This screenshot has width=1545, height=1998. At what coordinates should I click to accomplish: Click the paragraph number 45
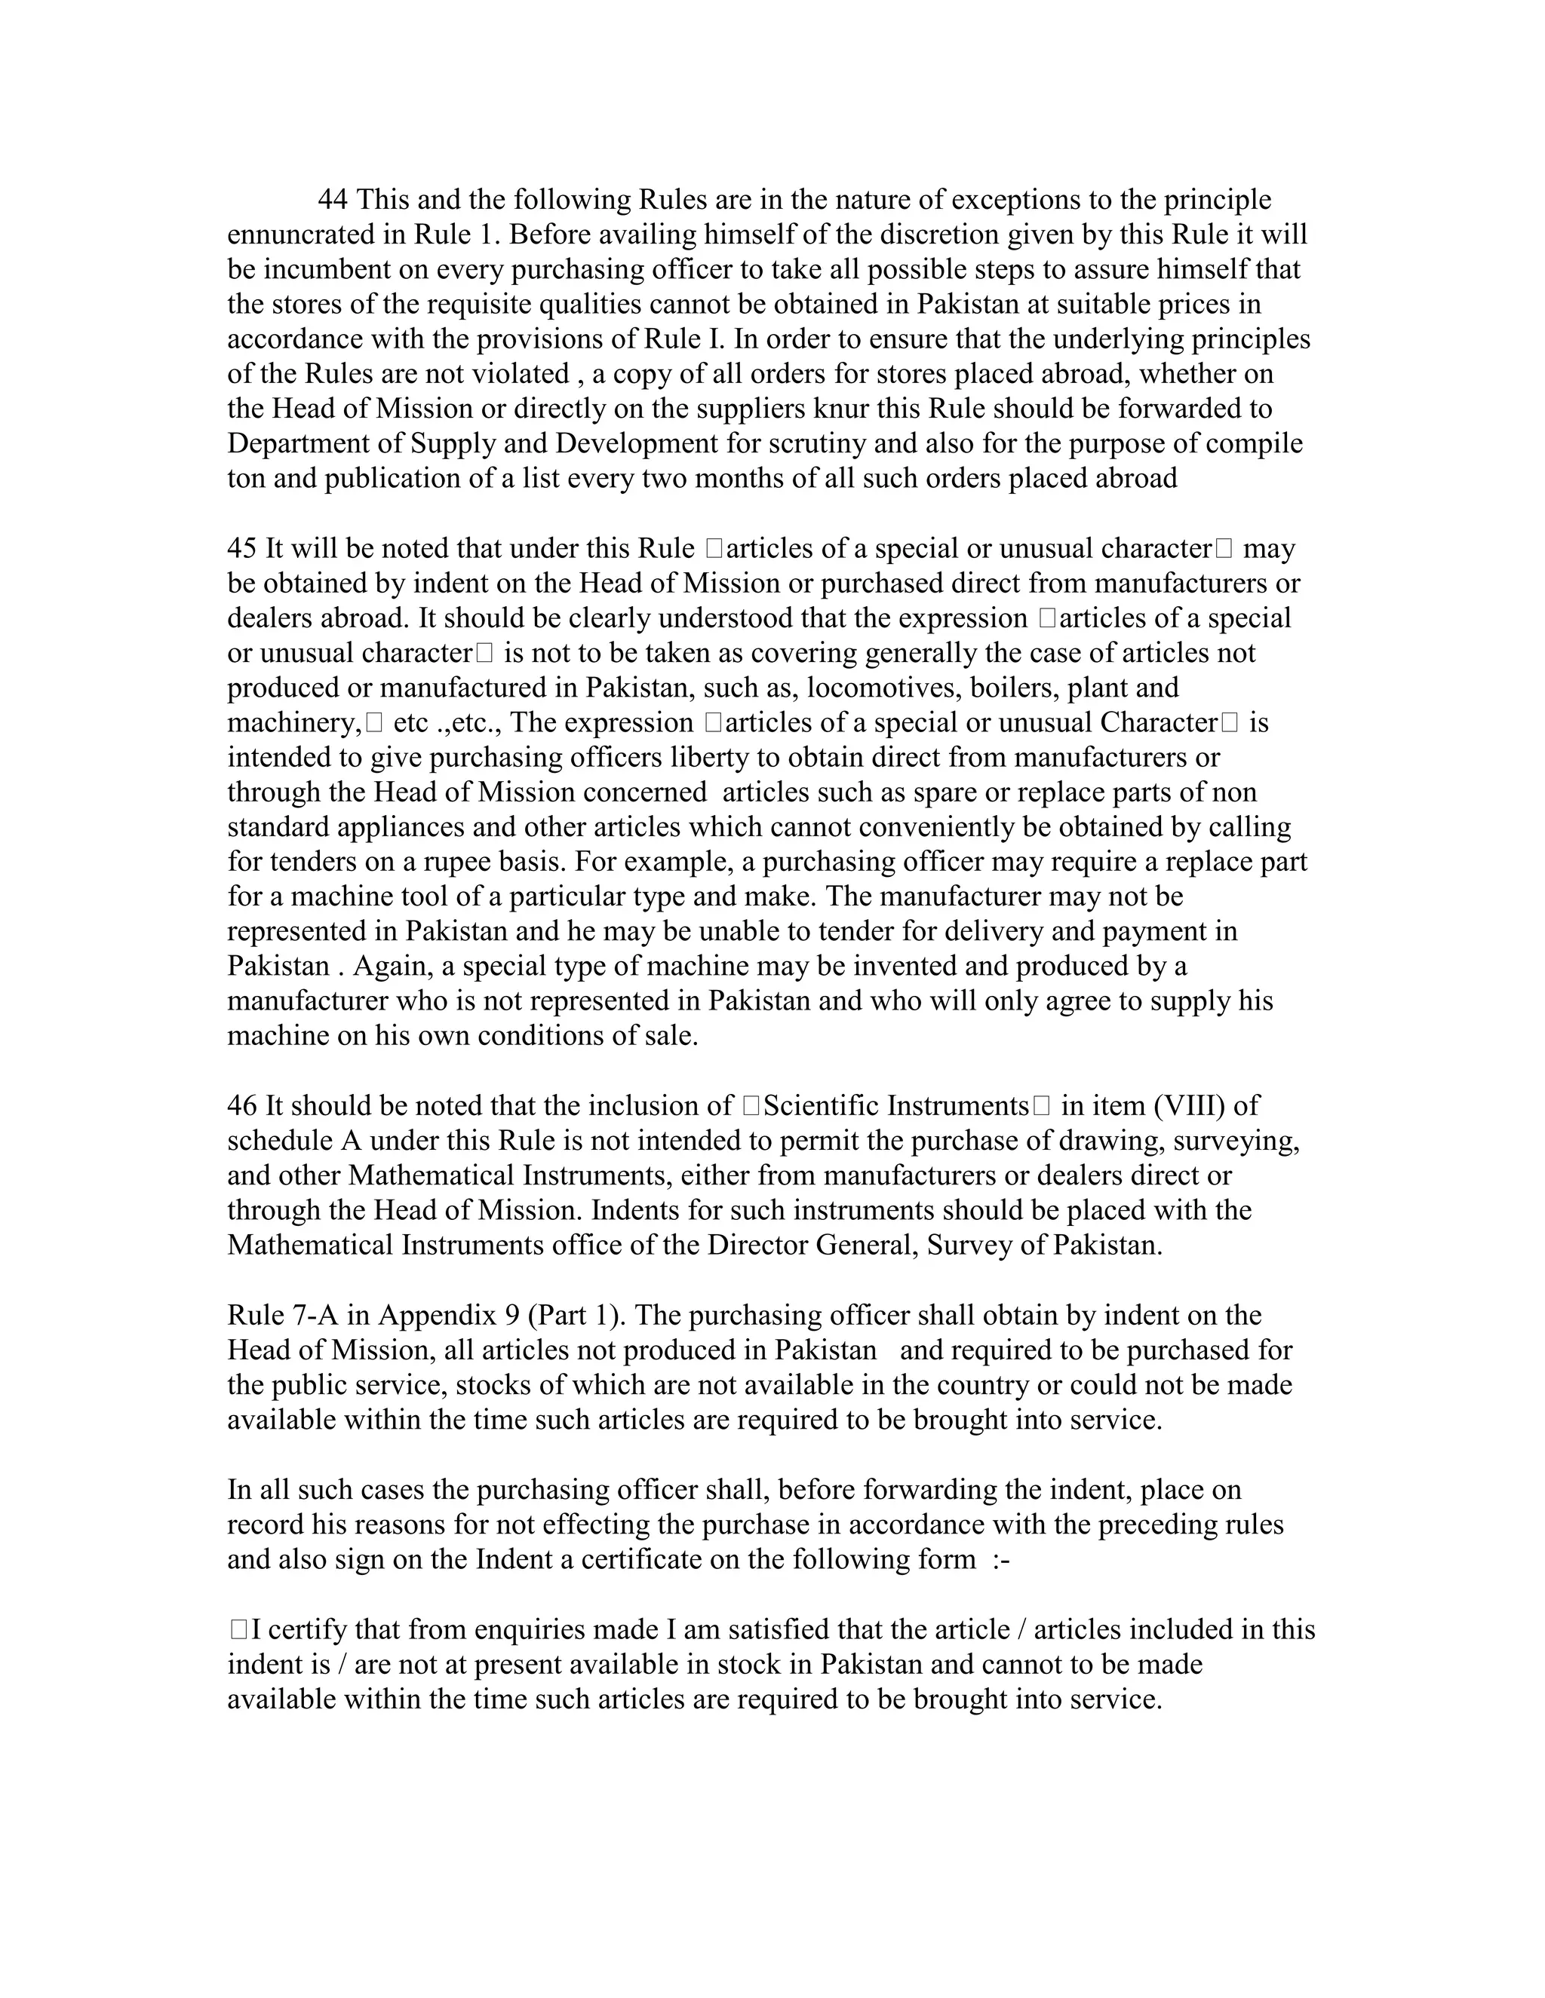point(241,548)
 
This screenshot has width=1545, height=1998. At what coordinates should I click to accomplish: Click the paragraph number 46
point(241,1105)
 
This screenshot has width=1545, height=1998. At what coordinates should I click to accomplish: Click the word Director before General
point(757,1245)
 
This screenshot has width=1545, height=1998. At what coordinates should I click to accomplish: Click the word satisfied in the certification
point(817,1629)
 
